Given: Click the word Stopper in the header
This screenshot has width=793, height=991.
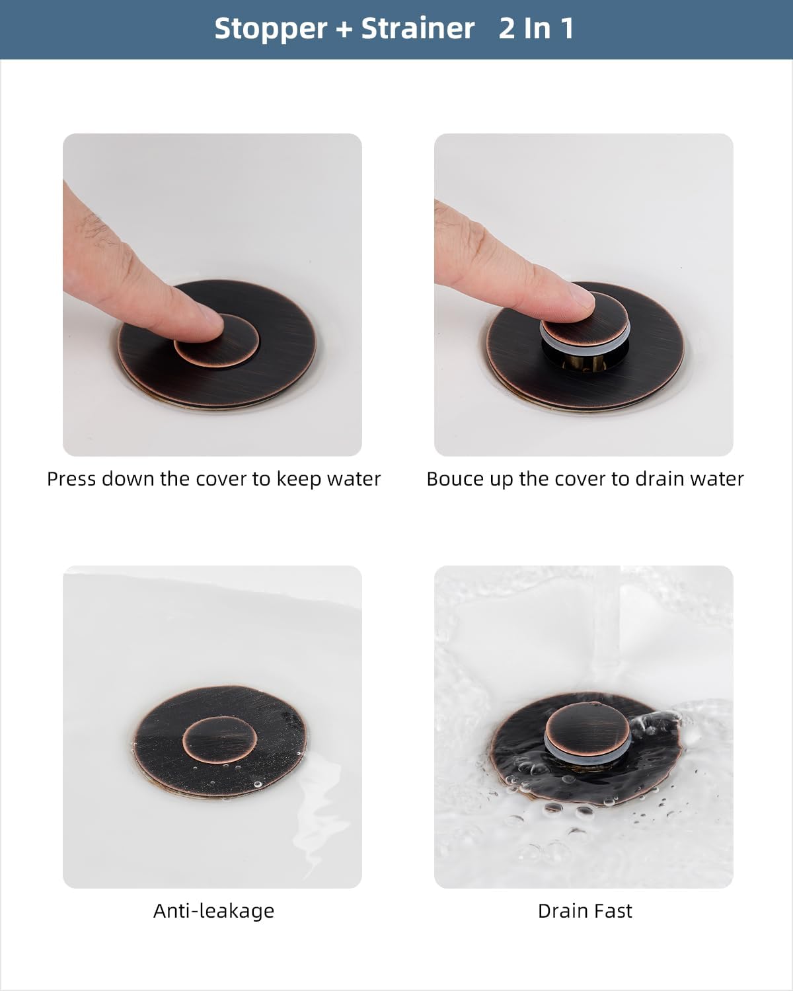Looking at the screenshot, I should (270, 28).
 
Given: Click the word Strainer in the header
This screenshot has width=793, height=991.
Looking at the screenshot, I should (418, 28).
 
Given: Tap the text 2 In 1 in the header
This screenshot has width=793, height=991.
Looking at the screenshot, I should (536, 28).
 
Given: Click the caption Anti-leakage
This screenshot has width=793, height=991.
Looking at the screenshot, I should (213, 910).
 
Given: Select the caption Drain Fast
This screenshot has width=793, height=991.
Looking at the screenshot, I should (585, 910).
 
